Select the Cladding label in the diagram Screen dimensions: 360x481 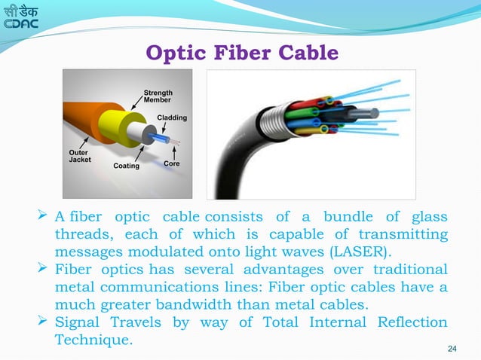(x=172, y=118)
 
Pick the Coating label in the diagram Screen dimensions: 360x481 (x=126, y=166)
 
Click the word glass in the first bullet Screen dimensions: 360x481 (x=427, y=217)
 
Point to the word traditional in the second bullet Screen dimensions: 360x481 (x=408, y=269)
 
